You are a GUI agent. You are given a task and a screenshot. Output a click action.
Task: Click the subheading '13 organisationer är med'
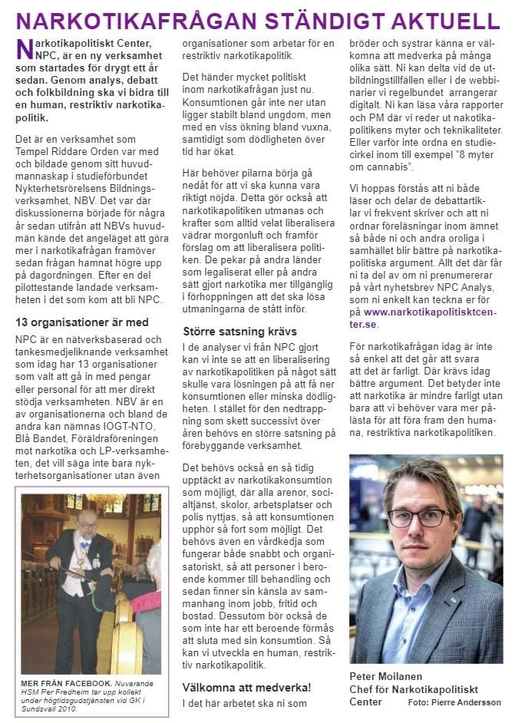coord(82,322)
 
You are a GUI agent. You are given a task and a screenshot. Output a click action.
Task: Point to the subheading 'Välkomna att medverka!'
coord(246,686)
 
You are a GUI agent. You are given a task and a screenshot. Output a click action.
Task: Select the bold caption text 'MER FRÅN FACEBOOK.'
coord(66,681)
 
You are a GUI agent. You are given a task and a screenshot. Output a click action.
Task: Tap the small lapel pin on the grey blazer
coord(475,601)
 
